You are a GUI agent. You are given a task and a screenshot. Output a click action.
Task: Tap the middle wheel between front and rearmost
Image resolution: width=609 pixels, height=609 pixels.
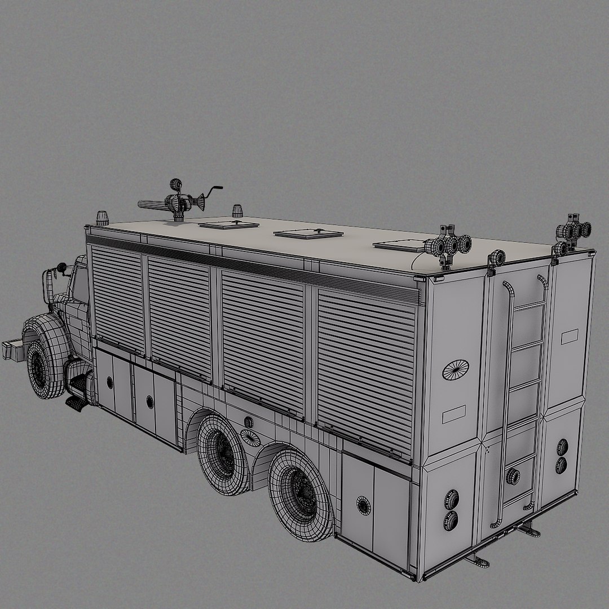pos(223,453)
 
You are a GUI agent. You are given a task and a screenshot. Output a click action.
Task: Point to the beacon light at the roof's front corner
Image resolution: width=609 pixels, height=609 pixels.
pos(102,218)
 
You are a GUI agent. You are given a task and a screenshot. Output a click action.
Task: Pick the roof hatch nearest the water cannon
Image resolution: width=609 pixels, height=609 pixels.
pos(228,224)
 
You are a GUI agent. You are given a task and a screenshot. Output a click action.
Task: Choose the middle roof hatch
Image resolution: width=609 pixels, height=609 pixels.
pos(308,233)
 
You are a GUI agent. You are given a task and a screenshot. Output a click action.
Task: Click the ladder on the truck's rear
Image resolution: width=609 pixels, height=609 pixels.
pos(522,395)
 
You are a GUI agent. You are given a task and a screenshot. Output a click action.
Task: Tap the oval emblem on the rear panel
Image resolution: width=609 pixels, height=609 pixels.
pos(456,370)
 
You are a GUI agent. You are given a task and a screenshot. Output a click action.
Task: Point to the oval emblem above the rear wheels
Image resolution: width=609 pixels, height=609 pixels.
pos(250,438)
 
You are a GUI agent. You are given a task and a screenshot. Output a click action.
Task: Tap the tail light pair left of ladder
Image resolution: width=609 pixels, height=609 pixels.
pos(451,510)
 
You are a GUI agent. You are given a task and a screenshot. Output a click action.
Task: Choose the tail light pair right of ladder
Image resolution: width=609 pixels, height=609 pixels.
pos(562,456)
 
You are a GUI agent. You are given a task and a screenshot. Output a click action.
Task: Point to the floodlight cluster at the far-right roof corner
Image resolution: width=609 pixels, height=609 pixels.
pos(574,231)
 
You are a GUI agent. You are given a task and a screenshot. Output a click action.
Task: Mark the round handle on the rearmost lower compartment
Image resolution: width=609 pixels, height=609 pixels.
pos(364,505)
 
